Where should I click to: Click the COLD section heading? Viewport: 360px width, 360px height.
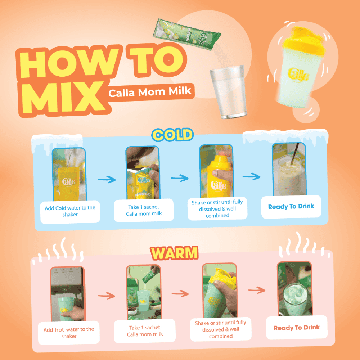point(172,135)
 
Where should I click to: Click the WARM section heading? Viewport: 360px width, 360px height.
point(174,253)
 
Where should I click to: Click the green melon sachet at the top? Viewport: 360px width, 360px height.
point(187,35)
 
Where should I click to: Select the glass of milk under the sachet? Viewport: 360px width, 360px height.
point(228,92)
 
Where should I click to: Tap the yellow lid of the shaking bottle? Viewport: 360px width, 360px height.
point(304,41)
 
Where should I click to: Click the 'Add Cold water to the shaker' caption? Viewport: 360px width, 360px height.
point(70,211)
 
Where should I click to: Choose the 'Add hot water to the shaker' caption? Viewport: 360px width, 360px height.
point(69,333)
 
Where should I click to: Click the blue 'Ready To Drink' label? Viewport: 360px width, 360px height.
point(291,207)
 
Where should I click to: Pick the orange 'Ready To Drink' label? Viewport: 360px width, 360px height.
point(297,328)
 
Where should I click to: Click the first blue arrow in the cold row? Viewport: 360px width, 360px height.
point(107,179)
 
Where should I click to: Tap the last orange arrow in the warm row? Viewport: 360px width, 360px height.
point(257,290)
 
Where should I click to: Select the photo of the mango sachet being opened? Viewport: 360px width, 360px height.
point(143,173)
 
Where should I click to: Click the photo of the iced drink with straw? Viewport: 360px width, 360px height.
point(289,170)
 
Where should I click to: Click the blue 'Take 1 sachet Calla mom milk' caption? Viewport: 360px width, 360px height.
point(144,210)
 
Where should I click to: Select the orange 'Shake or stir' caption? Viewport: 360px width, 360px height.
point(221,329)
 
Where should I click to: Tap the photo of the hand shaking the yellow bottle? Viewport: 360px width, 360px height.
point(216,171)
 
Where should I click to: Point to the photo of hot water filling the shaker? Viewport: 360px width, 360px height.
point(68,294)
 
